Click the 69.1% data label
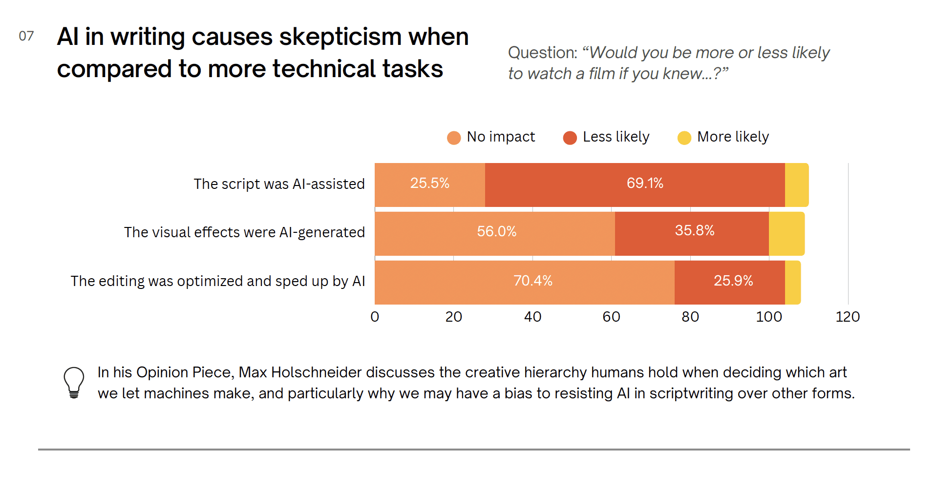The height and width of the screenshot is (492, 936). tap(645, 183)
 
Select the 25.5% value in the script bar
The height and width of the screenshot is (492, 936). tap(429, 183)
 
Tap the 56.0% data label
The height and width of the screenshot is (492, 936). tap(496, 231)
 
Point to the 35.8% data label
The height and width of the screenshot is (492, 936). tap(695, 230)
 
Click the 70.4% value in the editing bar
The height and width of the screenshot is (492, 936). tap(532, 281)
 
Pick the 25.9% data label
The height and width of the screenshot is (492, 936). tap(733, 281)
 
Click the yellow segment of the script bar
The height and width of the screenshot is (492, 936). tap(797, 185)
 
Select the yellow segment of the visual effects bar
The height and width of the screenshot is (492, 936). tap(787, 234)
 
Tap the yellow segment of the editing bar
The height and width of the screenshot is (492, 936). tap(793, 283)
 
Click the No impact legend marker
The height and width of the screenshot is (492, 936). tap(454, 138)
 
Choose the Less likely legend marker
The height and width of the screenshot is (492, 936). tap(570, 138)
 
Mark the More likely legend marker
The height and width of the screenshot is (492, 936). tap(684, 138)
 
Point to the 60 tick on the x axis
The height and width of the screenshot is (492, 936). tap(611, 317)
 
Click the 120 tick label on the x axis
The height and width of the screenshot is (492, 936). tap(848, 317)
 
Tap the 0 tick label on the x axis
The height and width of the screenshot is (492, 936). tap(375, 317)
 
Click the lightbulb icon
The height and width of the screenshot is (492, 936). tap(74, 383)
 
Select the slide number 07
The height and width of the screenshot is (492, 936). tap(26, 36)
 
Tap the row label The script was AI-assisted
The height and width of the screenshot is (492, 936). tap(279, 184)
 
